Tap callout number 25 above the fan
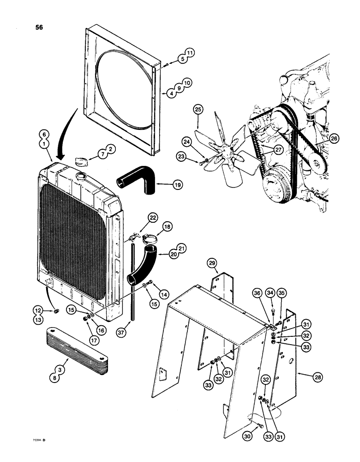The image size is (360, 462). (198, 110)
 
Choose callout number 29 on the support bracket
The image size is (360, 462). (212, 263)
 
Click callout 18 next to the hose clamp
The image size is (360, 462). (167, 227)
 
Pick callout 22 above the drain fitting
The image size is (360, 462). (153, 218)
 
